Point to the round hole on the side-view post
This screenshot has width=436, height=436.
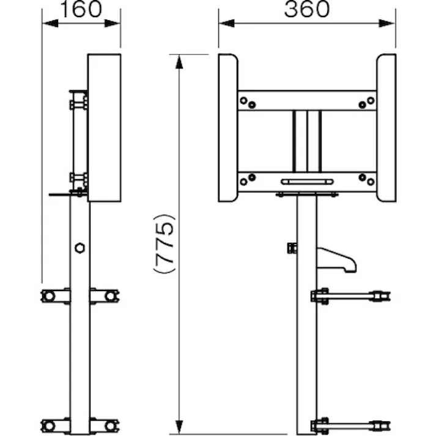(79, 248)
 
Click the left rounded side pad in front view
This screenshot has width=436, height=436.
(228, 128)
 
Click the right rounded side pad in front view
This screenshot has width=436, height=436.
(386, 128)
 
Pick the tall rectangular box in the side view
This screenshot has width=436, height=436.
(104, 128)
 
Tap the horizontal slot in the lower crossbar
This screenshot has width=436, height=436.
(307, 182)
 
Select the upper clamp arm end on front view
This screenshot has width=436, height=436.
(384, 297)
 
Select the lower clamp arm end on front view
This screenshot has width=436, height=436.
(384, 424)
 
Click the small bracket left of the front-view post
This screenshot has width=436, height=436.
(292, 248)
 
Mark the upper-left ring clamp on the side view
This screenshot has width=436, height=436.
(49, 296)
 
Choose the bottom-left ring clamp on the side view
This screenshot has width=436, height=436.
(49, 425)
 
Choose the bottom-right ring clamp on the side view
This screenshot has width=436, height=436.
(110, 425)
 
